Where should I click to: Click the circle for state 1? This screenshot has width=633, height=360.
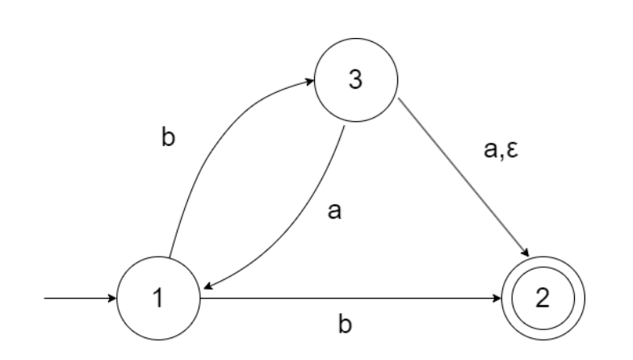click(158, 299)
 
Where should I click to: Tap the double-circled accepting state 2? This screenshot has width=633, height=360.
click(543, 299)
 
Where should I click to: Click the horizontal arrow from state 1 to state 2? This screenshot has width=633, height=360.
click(347, 299)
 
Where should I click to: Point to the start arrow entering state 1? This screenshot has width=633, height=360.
click(81, 299)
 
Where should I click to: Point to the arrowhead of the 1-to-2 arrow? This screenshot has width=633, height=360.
click(497, 299)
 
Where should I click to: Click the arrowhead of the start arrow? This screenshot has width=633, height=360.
click(113, 299)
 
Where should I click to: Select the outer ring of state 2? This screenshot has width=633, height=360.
click(543, 260)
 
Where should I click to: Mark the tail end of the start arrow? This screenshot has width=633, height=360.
click(46, 299)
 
